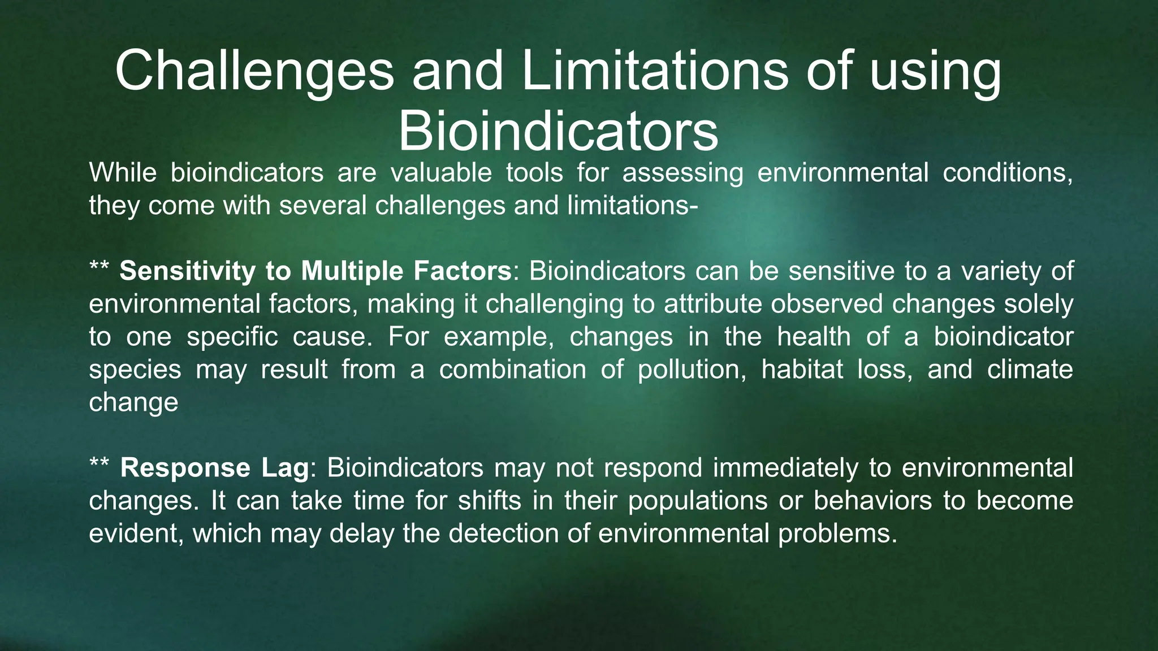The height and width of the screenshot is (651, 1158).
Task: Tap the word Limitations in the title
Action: (654, 71)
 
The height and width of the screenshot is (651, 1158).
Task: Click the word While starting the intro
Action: (123, 172)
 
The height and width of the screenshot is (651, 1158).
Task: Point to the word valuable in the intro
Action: (441, 172)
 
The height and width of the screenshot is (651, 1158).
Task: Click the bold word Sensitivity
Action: (187, 271)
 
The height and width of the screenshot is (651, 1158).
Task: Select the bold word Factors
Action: (462, 271)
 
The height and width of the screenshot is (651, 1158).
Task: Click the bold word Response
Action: (185, 468)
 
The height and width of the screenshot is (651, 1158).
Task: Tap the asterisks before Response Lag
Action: (100, 465)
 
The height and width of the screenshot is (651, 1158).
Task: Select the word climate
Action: (1030, 370)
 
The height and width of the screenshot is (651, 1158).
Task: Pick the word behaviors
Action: (872, 501)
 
